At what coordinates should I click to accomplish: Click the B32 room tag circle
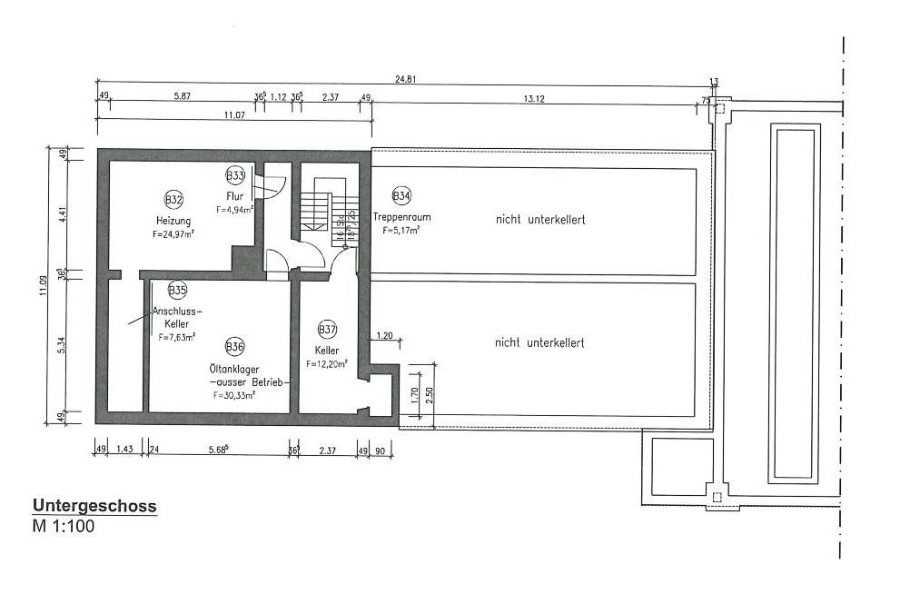point(173,199)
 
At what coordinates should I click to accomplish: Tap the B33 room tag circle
point(235,174)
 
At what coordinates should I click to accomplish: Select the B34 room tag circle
point(401,194)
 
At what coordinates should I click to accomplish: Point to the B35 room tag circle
point(177,291)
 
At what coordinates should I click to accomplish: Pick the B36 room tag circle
point(234,347)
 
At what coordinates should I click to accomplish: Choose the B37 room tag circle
point(327,329)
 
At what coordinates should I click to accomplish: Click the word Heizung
point(173,221)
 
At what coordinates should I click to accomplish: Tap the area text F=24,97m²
point(176,234)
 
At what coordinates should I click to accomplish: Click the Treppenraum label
point(401,217)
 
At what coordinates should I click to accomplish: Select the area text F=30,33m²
point(234,395)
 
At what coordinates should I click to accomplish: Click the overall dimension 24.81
point(405,79)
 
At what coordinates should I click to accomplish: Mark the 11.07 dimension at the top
point(235,114)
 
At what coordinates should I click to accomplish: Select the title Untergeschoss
point(95,506)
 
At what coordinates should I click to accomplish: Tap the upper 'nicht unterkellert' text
point(539,219)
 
